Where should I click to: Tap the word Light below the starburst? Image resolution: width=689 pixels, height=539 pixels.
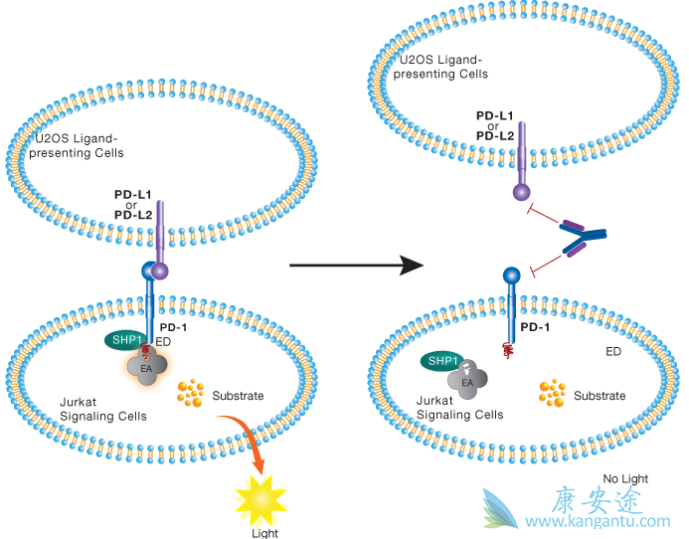pos(265,532)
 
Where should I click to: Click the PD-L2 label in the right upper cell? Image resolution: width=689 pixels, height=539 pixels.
pos(495,135)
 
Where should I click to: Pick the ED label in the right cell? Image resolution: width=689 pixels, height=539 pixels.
pos(615,351)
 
